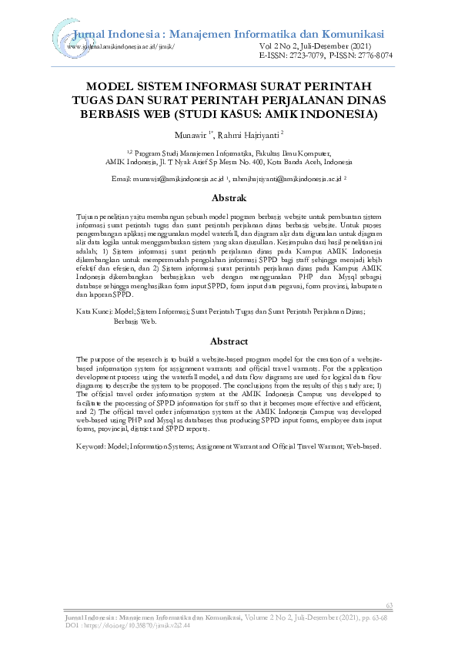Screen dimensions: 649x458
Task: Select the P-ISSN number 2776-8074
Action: (369, 56)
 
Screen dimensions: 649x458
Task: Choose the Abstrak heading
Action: (229, 198)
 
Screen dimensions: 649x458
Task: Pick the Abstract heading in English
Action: (229, 341)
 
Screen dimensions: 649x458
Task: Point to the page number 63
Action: (389, 606)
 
